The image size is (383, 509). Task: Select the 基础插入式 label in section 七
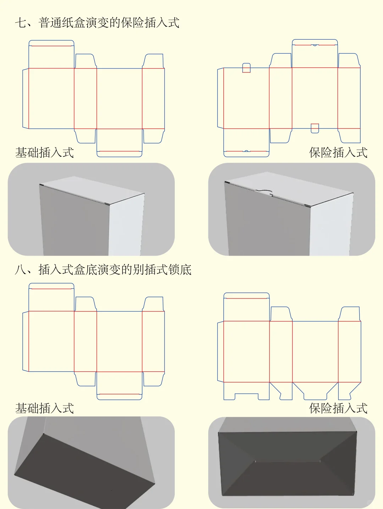pos(45,153)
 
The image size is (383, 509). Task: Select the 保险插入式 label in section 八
pos(338,408)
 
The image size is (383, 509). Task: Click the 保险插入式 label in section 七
pos(338,153)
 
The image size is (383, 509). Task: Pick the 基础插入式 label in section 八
pos(45,408)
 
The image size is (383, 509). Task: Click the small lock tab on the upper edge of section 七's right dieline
pos(246,68)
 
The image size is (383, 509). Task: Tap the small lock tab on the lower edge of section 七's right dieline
pos(315,128)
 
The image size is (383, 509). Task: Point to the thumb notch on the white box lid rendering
pos(264,192)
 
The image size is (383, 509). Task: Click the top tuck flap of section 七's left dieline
pos(51,54)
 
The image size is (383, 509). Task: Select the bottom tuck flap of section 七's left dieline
pos(120,142)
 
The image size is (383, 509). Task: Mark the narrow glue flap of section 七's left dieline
pos(26,98)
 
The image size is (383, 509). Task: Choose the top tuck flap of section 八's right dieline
pos(246,307)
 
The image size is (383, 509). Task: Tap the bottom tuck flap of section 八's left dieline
pos(120,386)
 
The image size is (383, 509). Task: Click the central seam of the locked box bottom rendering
pos(287,462)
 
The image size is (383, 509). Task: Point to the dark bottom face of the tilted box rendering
pos(85,471)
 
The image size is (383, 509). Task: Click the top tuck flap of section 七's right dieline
pos(315,54)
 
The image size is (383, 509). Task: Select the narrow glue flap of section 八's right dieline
pos(221,352)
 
